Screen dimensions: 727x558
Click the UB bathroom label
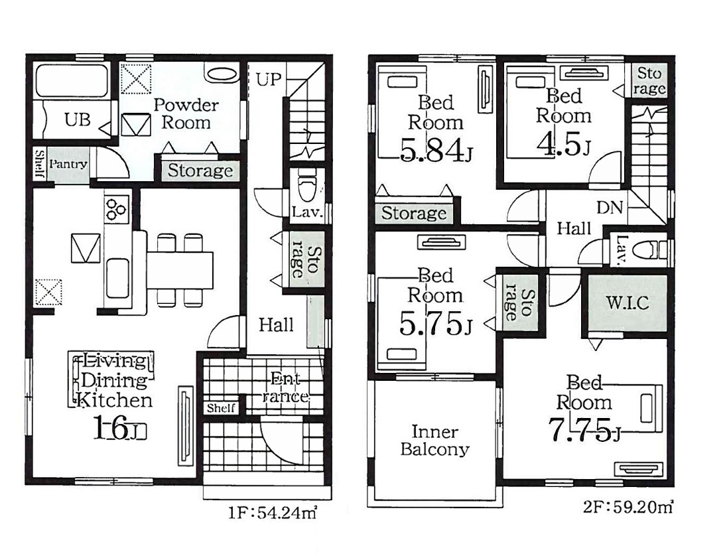pyautogui.click(x=78, y=119)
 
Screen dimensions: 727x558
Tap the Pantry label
pyautogui.click(x=68, y=164)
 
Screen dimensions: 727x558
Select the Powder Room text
pyautogui.click(x=186, y=113)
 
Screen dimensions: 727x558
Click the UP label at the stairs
pyautogui.click(x=269, y=80)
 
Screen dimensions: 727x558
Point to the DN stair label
pyautogui.click(x=610, y=207)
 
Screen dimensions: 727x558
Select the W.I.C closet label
pyautogui.click(x=628, y=303)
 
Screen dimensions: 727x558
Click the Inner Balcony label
pyautogui.click(x=435, y=440)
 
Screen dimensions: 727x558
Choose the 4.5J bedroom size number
pyautogui.click(x=563, y=144)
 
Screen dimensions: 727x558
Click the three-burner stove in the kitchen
pyautogui.click(x=116, y=209)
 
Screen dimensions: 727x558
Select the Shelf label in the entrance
pyautogui.click(x=221, y=407)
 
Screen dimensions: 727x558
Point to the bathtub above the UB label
pyautogui.click(x=72, y=81)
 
